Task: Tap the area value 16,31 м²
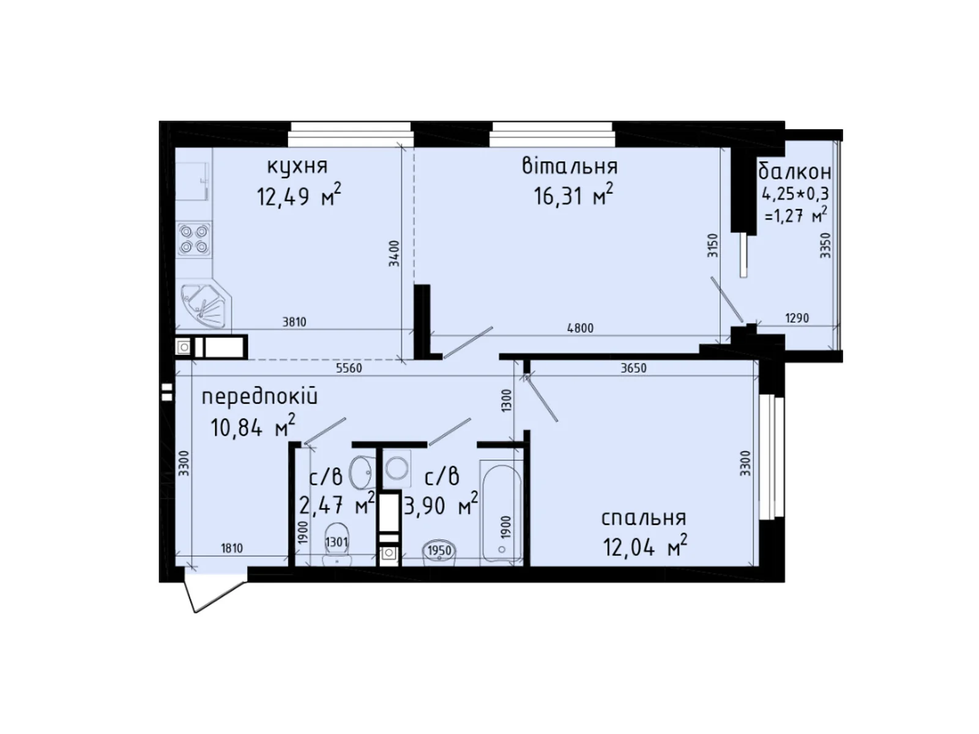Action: (573, 196)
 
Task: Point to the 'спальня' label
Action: (644, 518)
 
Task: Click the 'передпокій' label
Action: (259, 397)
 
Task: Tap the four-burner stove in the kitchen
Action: (194, 239)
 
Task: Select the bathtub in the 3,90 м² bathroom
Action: (501, 513)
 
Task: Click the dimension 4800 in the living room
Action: (580, 328)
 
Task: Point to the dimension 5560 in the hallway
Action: (349, 368)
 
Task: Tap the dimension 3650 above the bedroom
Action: (633, 368)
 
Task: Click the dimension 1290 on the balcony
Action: (797, 318)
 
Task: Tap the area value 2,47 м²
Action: (336, 505)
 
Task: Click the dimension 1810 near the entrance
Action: (232, 548)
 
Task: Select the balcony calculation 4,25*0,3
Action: (795, 195)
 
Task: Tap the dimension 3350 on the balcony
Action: (825, 245)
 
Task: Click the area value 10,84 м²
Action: (253, 427)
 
